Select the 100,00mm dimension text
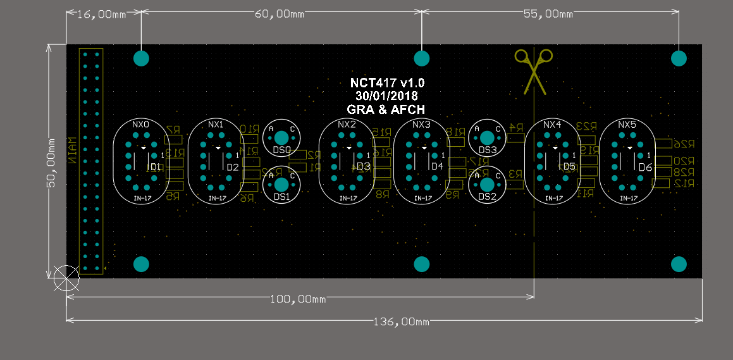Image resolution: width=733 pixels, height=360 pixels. click(297, 299)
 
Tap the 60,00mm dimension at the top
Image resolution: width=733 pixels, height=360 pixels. click(280, 14)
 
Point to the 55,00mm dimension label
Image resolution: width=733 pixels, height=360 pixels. click(548, 14)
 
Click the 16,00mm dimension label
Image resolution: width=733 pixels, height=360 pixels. click(101, 14)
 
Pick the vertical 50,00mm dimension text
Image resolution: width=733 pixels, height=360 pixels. click(53, 161)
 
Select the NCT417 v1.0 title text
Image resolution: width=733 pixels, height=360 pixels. click(387, 83)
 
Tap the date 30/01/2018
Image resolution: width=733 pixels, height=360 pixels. click(387, 96)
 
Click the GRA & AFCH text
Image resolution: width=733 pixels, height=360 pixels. click(387, 109)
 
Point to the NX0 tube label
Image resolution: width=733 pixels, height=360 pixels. click(140, 125)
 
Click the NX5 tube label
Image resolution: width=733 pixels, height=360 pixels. click(627, 125)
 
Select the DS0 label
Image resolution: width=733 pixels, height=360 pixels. click(281, 151)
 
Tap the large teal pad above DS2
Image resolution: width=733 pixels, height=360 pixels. click(486, 184)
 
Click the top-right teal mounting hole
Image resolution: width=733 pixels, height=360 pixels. click(679, 58)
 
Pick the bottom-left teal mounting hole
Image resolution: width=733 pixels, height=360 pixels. click(141, 264)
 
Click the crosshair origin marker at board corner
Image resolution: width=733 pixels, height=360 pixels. click(66, 278)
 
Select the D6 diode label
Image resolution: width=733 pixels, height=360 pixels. click(644, 168)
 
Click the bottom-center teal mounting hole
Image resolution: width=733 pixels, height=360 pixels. click(422, 264)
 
